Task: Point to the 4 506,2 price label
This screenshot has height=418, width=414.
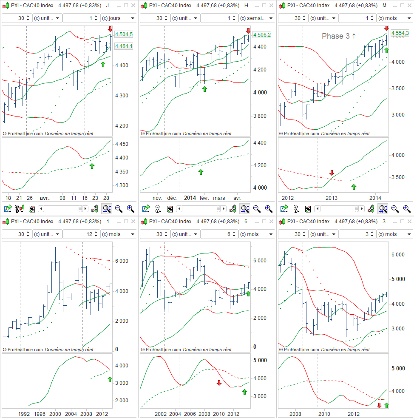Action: click(x=262, y=35)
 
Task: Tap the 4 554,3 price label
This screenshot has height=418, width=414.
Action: click(x=400, y=33)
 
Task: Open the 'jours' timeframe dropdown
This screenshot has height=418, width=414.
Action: click(x=118, y=18)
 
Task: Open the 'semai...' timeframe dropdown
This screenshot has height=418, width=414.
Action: click(x=256, y=18)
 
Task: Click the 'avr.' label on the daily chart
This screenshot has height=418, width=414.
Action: click(x=45, y=198)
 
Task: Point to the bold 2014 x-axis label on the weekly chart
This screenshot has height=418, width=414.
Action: click(x=190, y=198)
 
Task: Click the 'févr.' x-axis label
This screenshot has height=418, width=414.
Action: click(x=204, y=198)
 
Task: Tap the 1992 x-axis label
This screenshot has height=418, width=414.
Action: click(x=23, y=413)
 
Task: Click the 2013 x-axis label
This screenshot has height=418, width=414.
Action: click(x=332, y=198)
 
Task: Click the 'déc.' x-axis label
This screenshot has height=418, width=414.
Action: click(x=172, y=198)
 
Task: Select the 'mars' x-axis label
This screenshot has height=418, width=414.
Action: click(x=219, y=198)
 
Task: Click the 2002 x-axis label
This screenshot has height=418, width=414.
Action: click(x=161, y=413)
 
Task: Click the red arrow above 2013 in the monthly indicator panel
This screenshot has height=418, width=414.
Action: click(x=332, y=173)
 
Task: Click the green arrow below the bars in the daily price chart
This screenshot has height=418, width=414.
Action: click(x=102, y=64)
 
